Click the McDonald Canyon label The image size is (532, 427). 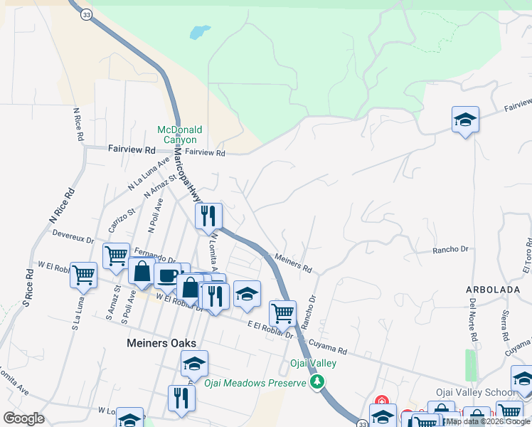180,135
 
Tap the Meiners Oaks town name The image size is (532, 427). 156,343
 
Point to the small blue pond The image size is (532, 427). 200,33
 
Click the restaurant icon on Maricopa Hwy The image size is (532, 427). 208,216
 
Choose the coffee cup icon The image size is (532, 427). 168,276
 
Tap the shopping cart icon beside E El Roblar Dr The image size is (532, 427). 282,312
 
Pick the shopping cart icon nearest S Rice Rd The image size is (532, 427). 84,275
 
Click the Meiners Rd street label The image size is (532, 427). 292,265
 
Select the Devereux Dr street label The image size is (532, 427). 73,235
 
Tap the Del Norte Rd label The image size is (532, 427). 472,318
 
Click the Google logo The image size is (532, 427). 23,418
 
